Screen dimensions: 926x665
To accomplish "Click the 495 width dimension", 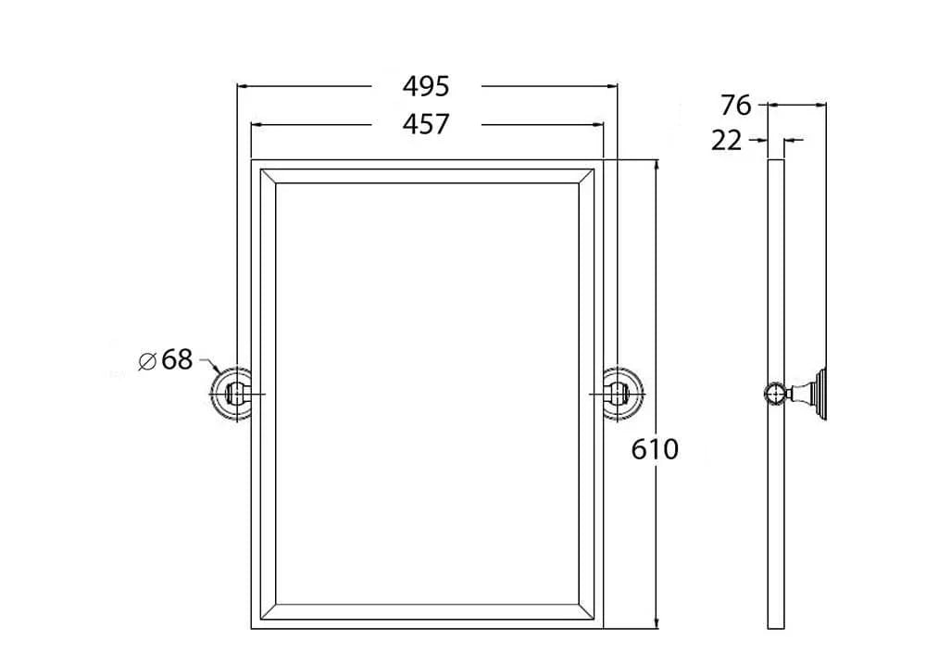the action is click(426, 86).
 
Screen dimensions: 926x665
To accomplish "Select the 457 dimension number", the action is click(426, 125).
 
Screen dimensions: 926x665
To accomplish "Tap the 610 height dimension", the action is click(655, 449).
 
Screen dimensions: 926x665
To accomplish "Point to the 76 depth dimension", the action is click(736, 106).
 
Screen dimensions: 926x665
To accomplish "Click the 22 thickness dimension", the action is click(726, 141).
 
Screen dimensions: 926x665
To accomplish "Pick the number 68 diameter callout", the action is click(177, 359).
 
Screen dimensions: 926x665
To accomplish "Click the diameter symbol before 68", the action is click(147, 361).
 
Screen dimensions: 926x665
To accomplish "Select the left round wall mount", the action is click(231, 394).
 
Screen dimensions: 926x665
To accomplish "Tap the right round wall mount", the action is click(623, 394).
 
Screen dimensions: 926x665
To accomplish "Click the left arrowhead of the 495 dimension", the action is click(242, 86).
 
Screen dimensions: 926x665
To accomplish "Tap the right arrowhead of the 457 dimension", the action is click(598, 125).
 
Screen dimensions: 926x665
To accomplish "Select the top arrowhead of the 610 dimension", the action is click(656, 165).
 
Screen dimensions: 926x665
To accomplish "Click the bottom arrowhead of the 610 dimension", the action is click(656, 623).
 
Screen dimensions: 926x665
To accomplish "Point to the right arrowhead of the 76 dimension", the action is click(820, 106).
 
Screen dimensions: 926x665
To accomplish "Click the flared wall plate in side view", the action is click(820, 393).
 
